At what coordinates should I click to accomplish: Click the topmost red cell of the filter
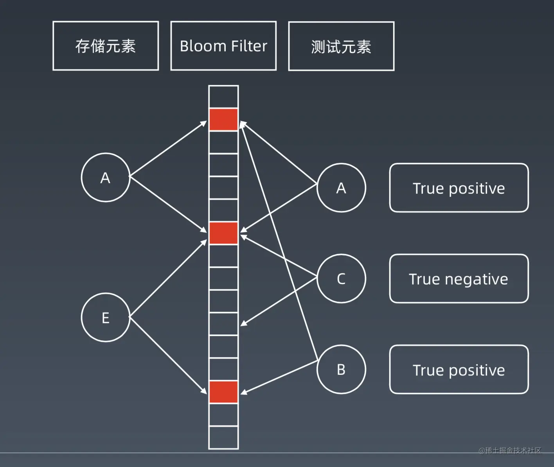tap(223, 119)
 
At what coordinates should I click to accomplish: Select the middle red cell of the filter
tap(223, 233)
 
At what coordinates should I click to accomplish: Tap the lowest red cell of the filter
tap(223, 392)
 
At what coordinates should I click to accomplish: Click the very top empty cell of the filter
tap(223, 97)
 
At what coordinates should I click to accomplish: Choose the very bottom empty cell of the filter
tap(223, 438)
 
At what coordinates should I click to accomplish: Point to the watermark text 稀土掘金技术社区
tap(510, 451)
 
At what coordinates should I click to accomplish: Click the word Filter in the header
tap(249, 46)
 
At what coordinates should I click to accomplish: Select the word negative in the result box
tap(476, 280)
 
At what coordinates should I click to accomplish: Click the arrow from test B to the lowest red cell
tap(279, 377)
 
